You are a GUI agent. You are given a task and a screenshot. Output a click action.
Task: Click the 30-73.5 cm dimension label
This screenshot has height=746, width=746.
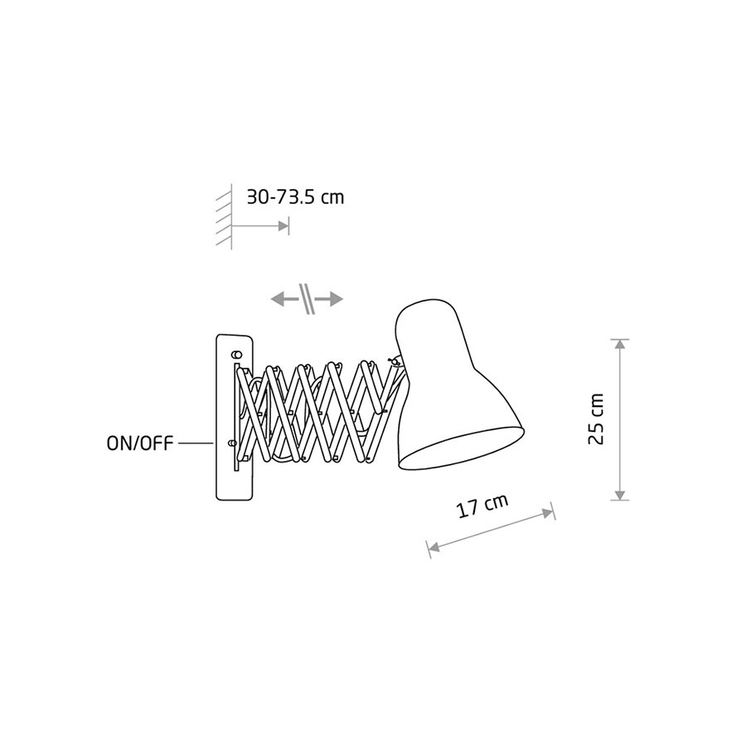click(295, 197)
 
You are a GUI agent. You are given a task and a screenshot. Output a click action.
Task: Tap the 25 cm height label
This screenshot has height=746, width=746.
click(596, 419)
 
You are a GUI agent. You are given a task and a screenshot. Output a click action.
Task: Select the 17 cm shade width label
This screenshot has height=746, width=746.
click(482, 506)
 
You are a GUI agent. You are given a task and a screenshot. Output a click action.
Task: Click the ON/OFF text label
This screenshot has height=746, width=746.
click(140, 444)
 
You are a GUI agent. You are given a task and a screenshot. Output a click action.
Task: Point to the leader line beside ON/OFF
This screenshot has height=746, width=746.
click(196, 443)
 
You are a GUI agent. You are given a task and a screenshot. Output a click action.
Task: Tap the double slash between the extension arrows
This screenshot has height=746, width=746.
click(307, 298)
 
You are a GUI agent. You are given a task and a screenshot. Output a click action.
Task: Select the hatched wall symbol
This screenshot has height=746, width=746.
click(225, 216)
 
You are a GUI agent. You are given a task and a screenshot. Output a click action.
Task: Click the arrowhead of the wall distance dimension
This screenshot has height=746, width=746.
click(283, 226)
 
